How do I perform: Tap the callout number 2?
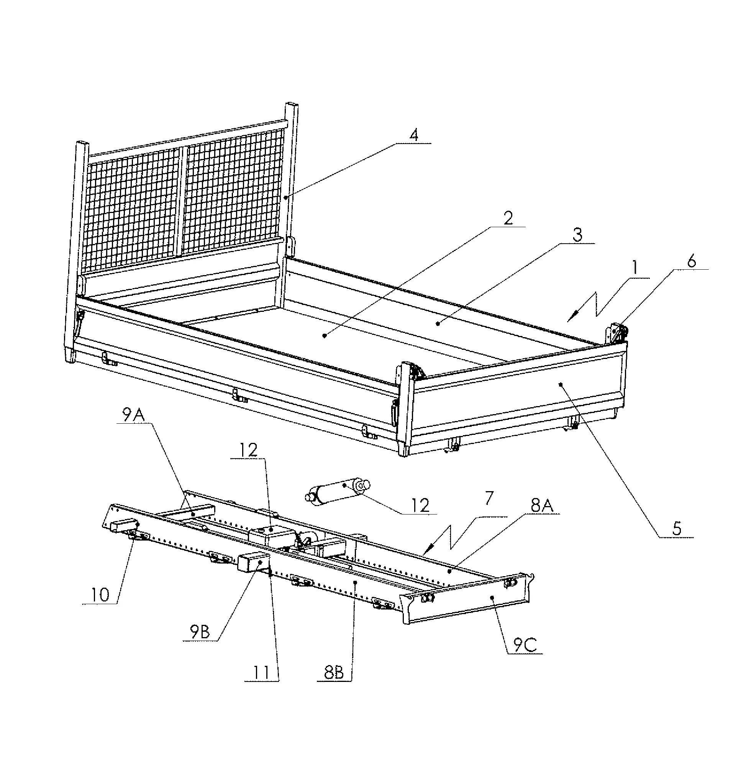(x=508, y=218)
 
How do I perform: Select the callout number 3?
(x=578, y=235)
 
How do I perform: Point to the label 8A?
(x=542, y=506)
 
